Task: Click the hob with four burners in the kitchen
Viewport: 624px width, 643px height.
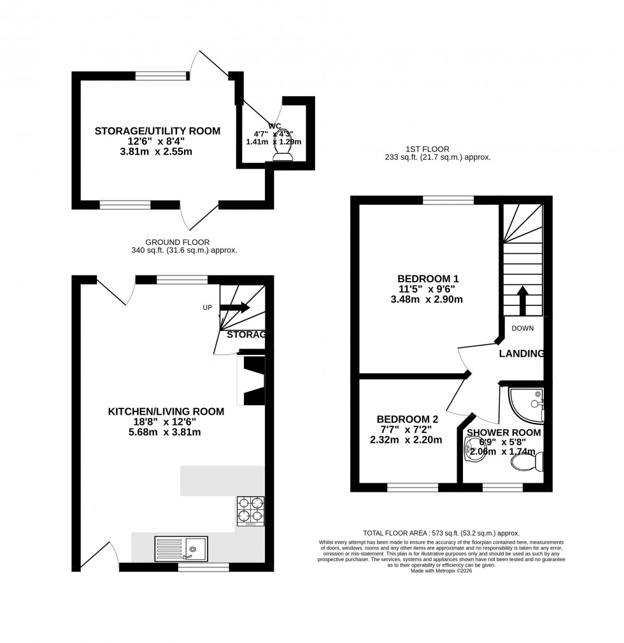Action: point(250,511)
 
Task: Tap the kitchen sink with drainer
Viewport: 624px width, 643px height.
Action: point(181,547)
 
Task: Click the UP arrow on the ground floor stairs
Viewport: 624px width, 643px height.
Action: point(234,308)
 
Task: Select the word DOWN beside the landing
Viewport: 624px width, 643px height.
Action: point(523,328)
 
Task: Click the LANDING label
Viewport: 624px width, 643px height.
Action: point(521,354)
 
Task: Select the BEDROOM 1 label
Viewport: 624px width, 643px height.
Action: point(428,279)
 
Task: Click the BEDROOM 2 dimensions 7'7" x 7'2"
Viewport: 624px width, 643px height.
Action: point(408,429)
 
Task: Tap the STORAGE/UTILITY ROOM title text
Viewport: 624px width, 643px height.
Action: point(157,131)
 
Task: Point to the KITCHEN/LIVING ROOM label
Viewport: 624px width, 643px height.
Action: point(166,411)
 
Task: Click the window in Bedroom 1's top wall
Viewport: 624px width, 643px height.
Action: point(448,200)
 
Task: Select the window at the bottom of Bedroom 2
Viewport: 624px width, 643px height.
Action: point(413,488)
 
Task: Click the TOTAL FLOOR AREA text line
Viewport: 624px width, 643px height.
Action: point(441,533)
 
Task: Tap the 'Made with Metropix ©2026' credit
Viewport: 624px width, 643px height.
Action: point(441,570)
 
